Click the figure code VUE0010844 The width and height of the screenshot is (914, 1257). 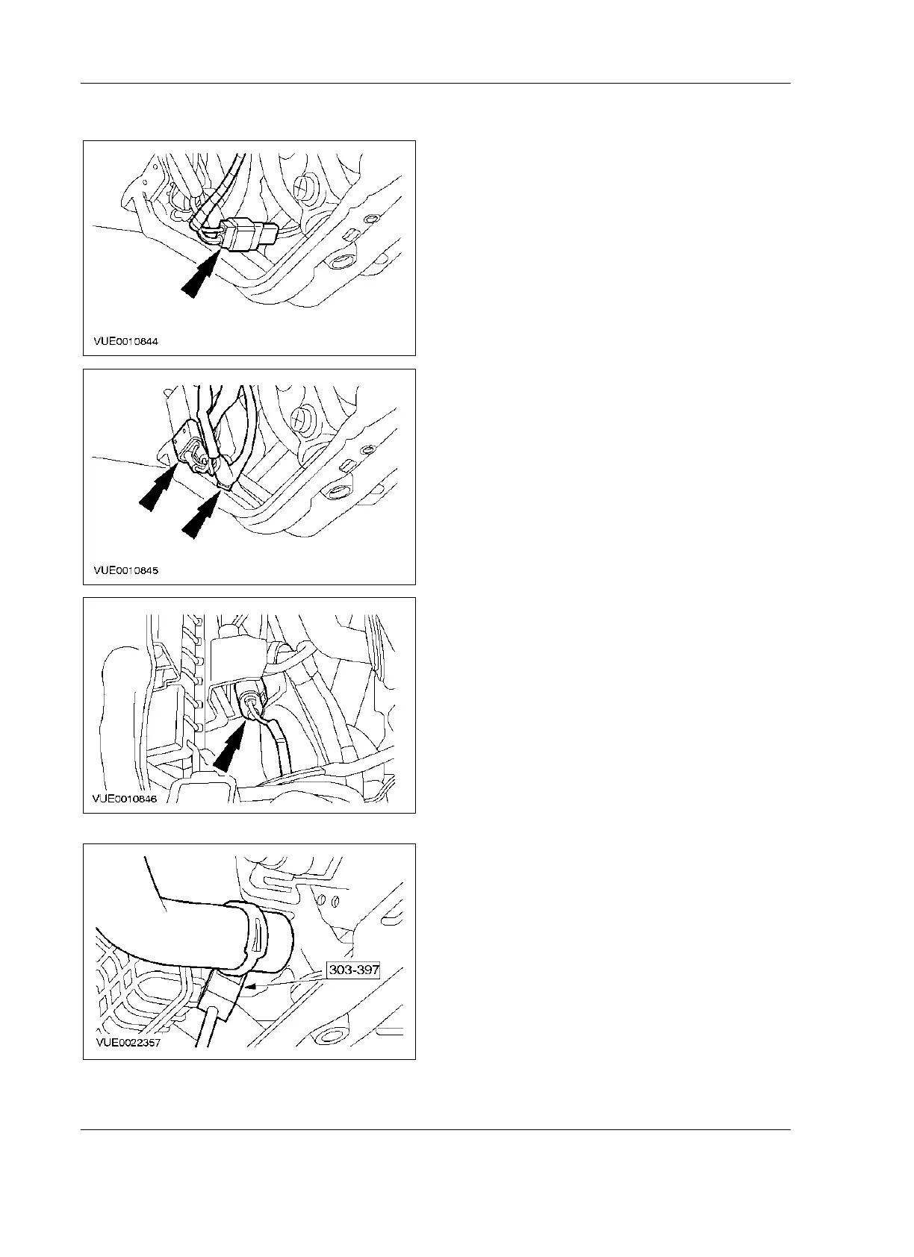[126, 341]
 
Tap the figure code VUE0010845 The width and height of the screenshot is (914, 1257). [126, 570]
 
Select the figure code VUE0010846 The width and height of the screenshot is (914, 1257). [126, 798]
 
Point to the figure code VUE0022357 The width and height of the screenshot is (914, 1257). [126, 1044]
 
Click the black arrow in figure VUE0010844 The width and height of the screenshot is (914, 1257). [199, 276]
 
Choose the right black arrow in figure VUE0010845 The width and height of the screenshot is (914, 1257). [200, 517]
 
